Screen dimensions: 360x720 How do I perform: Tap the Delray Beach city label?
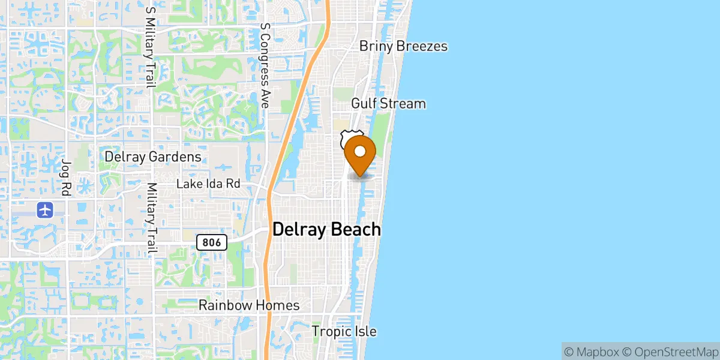tap(326, 229)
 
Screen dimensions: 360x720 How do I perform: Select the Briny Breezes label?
tap(403, 46)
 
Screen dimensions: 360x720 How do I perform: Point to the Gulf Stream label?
tap(388, 103)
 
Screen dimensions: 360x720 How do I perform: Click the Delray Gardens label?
tap(153, 157)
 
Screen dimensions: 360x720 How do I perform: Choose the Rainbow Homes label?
tap(249, 305)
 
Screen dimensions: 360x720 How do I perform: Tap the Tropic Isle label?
tap(344, 331)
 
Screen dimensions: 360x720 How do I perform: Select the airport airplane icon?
tap(46, 210)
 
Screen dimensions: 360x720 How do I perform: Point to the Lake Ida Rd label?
tap(208, 184)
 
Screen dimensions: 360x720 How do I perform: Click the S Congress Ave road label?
tap(264, 65)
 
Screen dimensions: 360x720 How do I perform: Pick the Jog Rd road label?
tap(65, 173)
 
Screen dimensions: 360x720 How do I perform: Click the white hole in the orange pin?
tap(361, 151)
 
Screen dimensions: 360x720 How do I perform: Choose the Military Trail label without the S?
tap(152, 218)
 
